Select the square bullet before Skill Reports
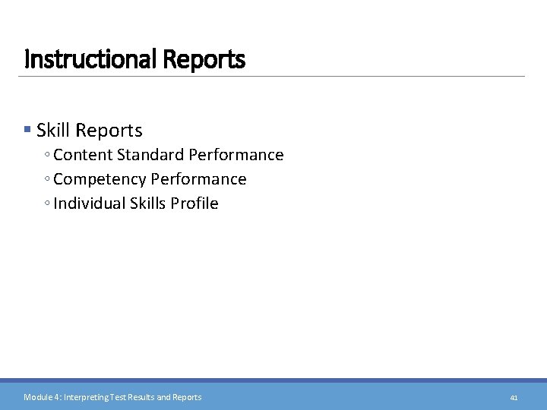coord(28,131)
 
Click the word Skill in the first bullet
coord(52,131)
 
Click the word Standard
coord(149,155)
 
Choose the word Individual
coord(87,203)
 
